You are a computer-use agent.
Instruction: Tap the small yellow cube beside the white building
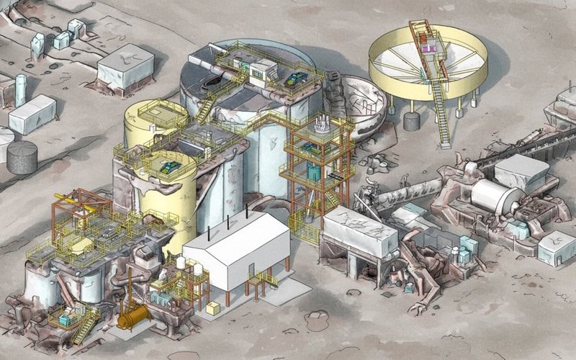212,308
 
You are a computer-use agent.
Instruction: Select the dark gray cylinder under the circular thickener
412,120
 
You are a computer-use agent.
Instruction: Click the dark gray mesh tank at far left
22,157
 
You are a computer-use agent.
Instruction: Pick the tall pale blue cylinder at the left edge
21,89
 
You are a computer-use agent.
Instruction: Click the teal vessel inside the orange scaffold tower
312,170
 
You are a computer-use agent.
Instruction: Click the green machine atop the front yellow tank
171,167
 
